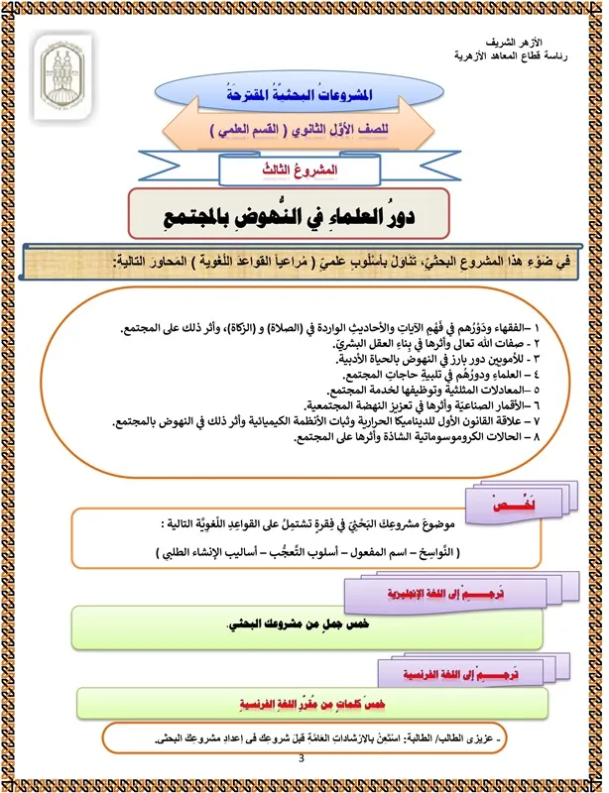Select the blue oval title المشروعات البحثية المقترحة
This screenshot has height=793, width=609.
pos(304,96)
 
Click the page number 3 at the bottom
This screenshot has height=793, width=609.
pos(302,759)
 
